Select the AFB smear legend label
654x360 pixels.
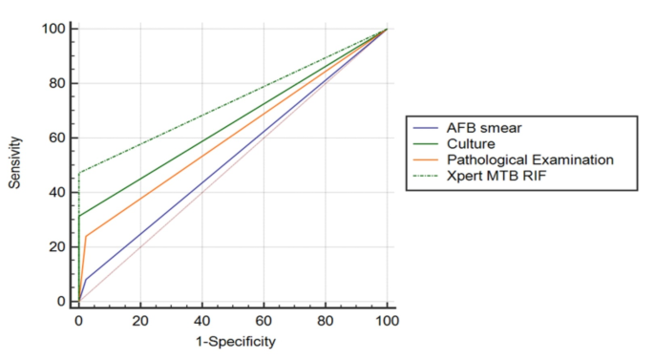471,127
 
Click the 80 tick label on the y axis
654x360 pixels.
59,83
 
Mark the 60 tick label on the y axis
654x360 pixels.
59,138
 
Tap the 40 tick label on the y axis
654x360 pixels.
59,192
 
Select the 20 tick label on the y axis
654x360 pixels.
59,246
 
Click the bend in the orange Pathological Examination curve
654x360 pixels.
86,236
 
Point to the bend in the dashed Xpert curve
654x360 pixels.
79,173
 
